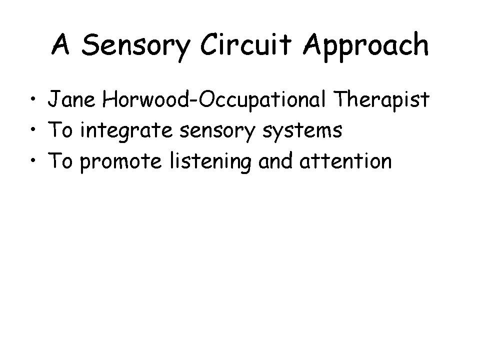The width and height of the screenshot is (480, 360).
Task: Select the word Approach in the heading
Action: (x=366, y=46)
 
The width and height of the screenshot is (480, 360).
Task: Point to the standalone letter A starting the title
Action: (x=60, y=44)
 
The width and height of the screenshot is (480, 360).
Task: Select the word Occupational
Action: (x=261, y=100)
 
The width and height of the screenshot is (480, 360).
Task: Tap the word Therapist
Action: (x=381, y=100)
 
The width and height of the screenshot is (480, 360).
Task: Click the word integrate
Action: (x=126, y=131)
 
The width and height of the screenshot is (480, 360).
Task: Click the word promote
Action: (x=120, y=162)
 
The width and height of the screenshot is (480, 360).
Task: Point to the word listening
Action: (x=210, y=162)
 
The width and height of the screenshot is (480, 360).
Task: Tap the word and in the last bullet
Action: (x=275, y=160)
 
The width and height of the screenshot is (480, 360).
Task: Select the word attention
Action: (x=345, y=160)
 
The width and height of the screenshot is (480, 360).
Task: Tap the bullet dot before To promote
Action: (x=33, y=160)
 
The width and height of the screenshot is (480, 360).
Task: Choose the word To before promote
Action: (x=60, y=160)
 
